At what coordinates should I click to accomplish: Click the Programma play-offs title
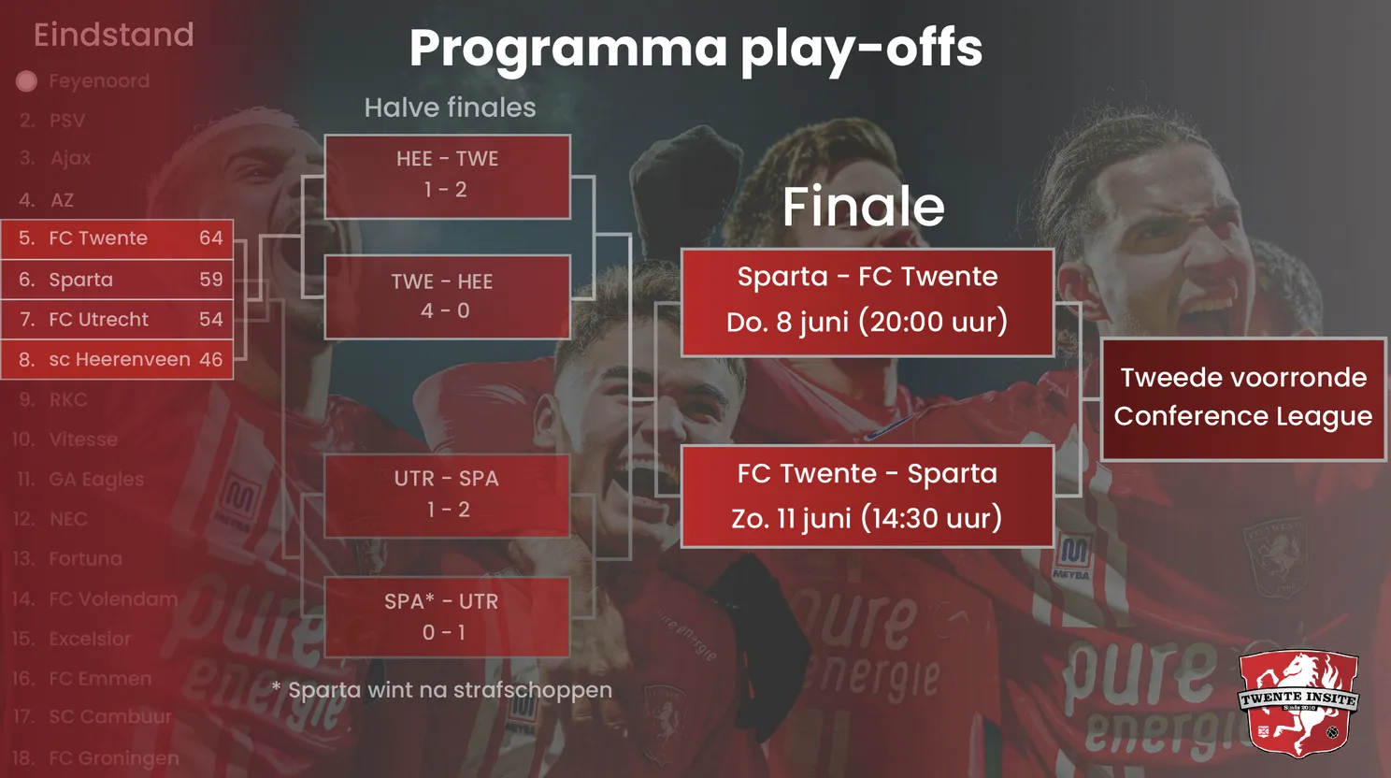(x=695, y=49)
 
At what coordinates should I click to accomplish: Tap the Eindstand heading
(x=113, y=36)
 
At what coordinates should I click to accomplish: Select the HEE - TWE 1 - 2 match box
(x=447, y=176)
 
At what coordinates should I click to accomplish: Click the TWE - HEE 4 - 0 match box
(x=447, y=296)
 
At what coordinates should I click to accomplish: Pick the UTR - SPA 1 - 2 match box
(x=447, y=495)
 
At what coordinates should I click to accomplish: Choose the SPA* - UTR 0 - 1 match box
(x=447, y=617)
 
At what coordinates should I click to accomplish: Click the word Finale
(x=863, y=206)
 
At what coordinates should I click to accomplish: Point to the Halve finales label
(x=450, y=108)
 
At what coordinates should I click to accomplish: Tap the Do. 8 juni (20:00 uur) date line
(x=867, y=323)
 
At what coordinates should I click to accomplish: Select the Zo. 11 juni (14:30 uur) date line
(x=867, y=518)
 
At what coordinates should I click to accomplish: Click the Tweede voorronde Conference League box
(x=1242, y=398)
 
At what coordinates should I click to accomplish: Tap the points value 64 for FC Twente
(x=211, y=238)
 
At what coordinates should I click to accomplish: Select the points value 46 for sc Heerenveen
(x=211, y=359)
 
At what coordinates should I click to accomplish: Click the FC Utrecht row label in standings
(x=98, y=320)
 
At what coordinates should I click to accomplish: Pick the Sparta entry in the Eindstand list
(x=81, y=280)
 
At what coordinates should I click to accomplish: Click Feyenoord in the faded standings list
(x=99, y=81)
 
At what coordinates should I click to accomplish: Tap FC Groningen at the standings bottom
(x=113, y=757)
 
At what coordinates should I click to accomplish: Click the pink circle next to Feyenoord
(x=26, y=81)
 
